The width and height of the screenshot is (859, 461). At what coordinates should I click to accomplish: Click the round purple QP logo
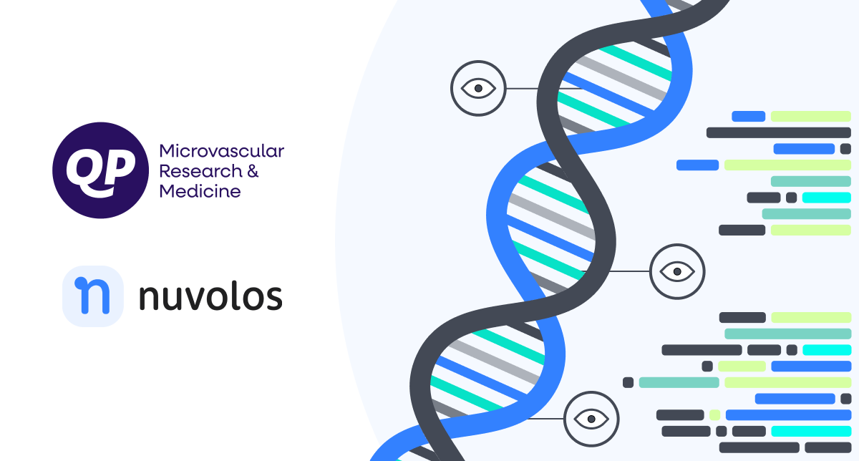(x=100, y=170)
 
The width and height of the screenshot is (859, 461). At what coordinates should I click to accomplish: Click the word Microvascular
(x=222, y=151)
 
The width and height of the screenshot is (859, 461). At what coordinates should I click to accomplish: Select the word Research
(x=200, y=171)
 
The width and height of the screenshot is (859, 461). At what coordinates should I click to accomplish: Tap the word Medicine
(x=200, y=191)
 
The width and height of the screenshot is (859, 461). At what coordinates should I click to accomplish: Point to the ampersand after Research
(x=253, y=171)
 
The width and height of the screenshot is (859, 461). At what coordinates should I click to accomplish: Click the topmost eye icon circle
(x=478, y=88)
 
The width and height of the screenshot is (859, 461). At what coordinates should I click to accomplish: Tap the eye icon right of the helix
(x=677, y=271)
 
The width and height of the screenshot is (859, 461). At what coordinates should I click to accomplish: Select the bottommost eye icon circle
(x=591, y=419)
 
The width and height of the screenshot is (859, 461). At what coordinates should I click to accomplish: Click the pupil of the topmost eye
(x=478, y=88)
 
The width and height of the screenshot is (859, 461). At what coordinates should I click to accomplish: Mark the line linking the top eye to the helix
(x=545, y=89)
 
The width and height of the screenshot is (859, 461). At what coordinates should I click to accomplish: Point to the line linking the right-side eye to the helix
(x=629, y=271)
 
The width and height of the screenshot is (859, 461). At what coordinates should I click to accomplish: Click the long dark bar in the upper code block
(x=779, y=132)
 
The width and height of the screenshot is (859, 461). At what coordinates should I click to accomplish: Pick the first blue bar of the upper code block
(x=748, y=116)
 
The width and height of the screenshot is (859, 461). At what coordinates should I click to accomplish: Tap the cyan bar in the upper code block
(x=826, y=198)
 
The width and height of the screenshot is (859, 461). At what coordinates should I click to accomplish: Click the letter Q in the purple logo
(x=85, y=170)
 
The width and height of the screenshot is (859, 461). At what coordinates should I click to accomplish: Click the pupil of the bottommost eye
(x=591, y=419)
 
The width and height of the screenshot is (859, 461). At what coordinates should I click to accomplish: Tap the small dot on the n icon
(x=80, y=283)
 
